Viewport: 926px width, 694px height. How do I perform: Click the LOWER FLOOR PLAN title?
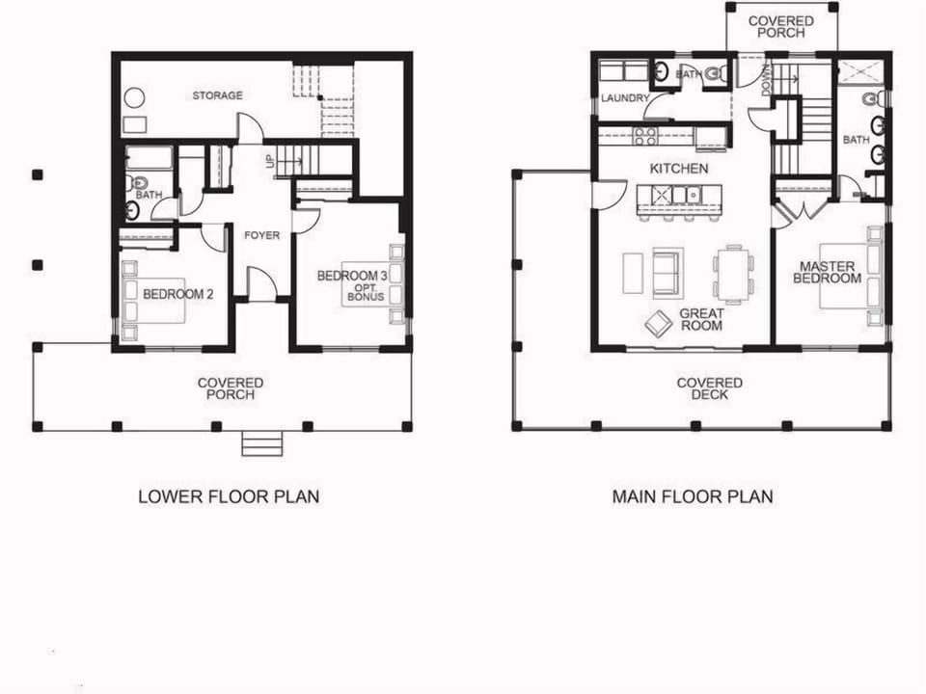point(229,497)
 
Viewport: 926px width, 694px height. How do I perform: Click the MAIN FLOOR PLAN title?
point(693,497)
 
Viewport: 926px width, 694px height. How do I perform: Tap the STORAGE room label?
point(217,95)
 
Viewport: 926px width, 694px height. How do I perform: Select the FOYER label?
point(261,235)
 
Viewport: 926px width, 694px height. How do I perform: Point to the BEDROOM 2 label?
point(178,294)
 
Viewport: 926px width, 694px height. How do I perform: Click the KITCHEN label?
point(679,169)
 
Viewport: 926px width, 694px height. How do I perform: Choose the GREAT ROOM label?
point(702,320)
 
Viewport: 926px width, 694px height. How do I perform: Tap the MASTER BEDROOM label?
point(827,272)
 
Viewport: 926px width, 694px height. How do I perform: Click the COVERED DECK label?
point(709,389)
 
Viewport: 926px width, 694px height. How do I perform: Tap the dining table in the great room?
point(734,274)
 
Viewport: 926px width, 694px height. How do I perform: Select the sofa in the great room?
point(667,272)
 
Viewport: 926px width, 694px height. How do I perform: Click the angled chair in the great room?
point(660,323)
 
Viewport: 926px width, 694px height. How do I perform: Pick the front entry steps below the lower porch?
point(261,444)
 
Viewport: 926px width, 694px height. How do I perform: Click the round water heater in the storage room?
point(134,98)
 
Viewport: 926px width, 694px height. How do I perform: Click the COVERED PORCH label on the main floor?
point(780,27)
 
